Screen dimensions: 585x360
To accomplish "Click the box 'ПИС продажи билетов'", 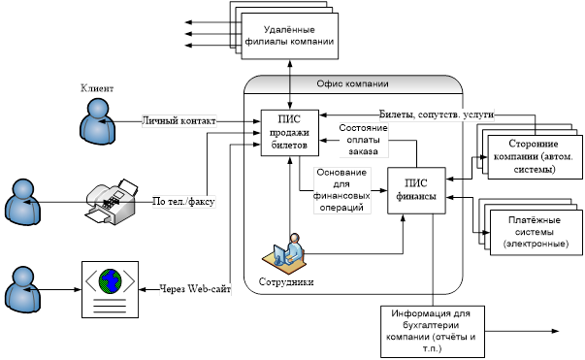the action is tap(289, 132).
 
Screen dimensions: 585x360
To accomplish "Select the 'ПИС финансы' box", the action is tap(416, 190).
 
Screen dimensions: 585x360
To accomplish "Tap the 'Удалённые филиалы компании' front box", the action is tap(290, 36).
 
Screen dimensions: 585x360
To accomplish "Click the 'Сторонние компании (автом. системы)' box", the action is tap(535, 157).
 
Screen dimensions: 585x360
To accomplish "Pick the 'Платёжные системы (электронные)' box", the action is tap(536, 232).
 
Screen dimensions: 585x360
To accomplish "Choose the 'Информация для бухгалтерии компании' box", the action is tap(433, 332).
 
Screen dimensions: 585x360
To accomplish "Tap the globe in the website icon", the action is tap(110, 280).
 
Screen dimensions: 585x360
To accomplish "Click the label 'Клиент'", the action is tap(97, 88).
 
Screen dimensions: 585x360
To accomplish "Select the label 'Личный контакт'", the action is tap(179, 121).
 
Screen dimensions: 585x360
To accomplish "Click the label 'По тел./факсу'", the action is tap(183, 202).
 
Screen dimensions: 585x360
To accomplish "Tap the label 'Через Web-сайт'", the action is tap(195, 289).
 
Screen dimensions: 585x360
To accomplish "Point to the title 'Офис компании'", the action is tap(352, 83).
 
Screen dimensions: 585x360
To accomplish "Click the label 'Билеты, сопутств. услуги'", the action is tap(437, 115).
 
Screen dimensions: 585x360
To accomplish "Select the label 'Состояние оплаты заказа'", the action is tap(363, 140).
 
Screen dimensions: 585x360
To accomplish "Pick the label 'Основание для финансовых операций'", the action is tap(341, 190).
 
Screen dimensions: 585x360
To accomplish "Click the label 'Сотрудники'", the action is tap(286, 282).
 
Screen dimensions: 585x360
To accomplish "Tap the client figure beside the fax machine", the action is tap(22, 202).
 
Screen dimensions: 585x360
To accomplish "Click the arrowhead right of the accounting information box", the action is tap(555, 331).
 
